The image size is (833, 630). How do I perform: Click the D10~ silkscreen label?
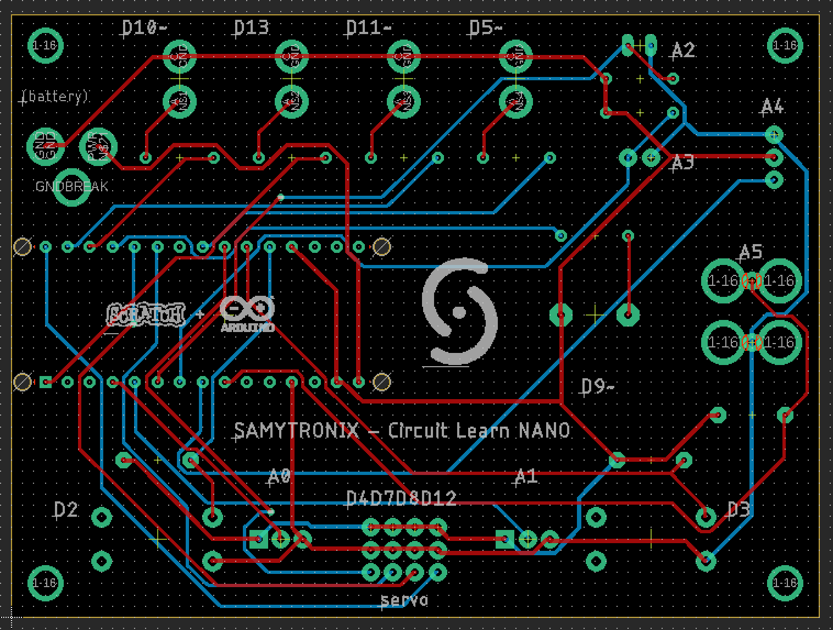pos(143,27)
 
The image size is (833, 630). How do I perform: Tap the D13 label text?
pos(252,27)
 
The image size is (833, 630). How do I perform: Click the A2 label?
pos(684,51)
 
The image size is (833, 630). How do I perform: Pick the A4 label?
pos(773,107)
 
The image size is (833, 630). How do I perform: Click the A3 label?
pos(683,163)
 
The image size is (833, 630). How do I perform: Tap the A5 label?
pos(751,252)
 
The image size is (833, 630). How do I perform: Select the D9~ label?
pos(597,387)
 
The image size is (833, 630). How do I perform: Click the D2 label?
pos(66,510)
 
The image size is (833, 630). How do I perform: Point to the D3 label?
pos(738,510)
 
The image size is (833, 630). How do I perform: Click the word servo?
pos(404,600)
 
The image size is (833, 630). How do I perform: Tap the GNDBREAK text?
pos(71,186)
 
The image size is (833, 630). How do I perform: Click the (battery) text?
pos(54,97)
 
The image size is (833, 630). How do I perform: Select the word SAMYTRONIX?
pos(296,430)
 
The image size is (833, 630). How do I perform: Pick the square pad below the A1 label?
pos(505,539)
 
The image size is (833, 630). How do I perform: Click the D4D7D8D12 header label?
pos(402,499)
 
